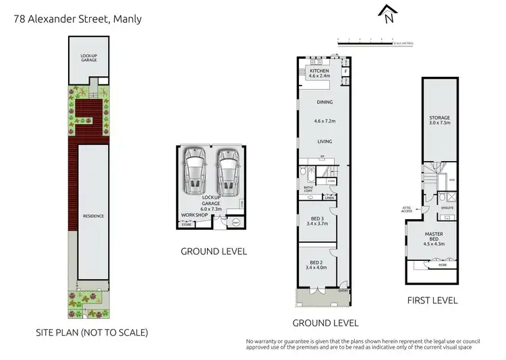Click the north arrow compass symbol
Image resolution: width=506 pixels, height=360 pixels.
pyautogui.click(x=388, y=14)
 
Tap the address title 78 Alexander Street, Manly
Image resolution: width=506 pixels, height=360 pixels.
pyautogui.click(x=78, y=19)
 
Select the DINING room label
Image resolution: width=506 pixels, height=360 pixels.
pyautogui.click(x=325, y=102)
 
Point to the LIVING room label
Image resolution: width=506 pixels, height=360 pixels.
pyautogui.click(x=325, y=142)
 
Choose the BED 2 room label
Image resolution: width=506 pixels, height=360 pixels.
pyautogui.click(x=316, y=264)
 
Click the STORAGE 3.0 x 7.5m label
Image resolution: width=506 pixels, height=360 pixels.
pyautogui.click(x=439, y=121)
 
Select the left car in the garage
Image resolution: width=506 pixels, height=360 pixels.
pyautogui.click(x=194, y=171)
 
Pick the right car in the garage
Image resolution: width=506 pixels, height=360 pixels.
pyautogui.click(x=228, y=171)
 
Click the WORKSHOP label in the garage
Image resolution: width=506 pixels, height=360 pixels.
pyautogui.click(x=193, y=215)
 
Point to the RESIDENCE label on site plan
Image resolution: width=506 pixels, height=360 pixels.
pyautogui.click(x=93, y=216)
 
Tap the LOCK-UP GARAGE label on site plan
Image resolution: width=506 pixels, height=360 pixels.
pyautogui.click(x=89, y=58)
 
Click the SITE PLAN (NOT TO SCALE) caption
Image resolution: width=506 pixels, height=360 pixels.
pyautogui.click(x=92, y=332)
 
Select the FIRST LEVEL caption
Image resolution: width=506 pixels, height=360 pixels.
pyautogui.click(x=432, y=300)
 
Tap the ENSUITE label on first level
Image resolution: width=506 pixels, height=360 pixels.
pyautogui.click(x=447, y=208)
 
